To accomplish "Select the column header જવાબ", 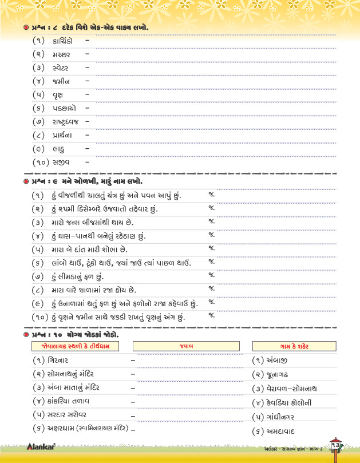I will coord(186,346).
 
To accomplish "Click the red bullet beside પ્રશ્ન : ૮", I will coord(26,28).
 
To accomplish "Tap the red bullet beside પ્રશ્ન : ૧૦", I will coord(26,334).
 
